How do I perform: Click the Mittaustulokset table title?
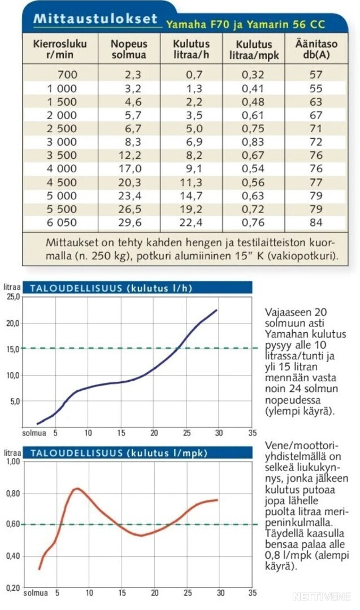[96, 18]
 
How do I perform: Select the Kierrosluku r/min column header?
[60, 49]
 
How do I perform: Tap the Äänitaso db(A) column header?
[316, 49]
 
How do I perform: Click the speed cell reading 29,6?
[130, 223]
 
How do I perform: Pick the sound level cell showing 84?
[316, 223]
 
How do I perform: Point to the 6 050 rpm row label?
[62, 223]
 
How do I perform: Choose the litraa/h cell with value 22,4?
[191, 223]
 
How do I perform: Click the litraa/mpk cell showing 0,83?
[253, 142]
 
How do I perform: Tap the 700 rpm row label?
[67, 75]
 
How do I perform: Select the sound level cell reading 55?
[316, 89]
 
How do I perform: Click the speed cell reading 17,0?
[130, 169]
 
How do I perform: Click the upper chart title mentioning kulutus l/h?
[111, 288]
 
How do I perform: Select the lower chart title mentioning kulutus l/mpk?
[119, 453]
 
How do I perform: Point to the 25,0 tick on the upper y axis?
[12, 297]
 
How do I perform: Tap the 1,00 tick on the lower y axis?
[13, 462]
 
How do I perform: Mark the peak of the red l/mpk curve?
[77, 489]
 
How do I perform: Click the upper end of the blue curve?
[216, 310]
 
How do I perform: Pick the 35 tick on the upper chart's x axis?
[252, 433]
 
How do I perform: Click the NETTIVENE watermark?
[322, 596]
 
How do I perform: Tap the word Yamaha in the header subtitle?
[186, 25]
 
